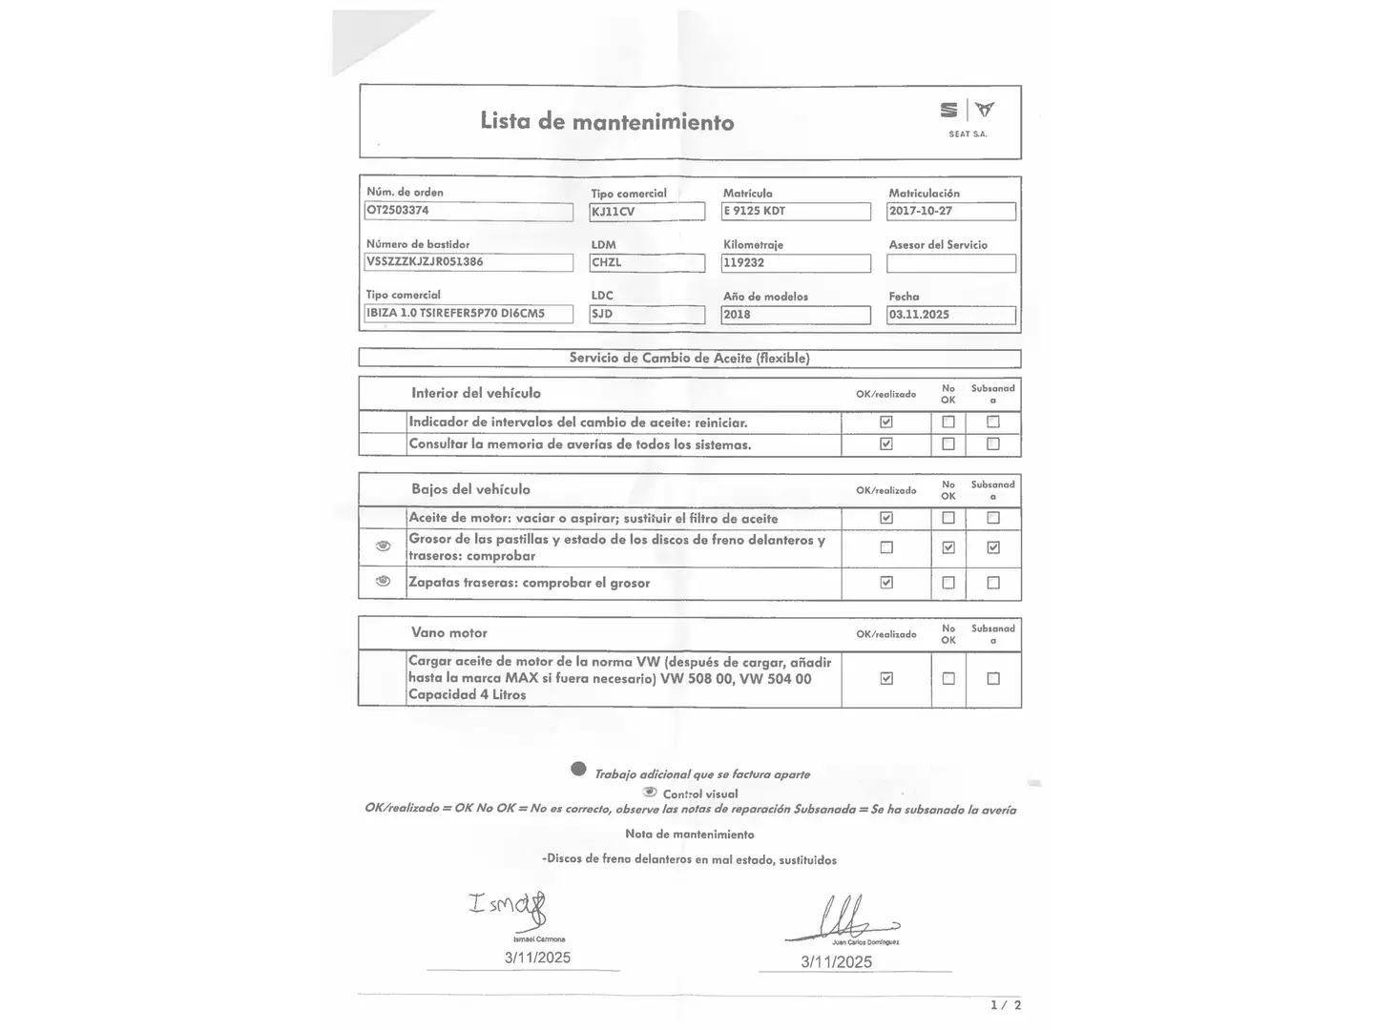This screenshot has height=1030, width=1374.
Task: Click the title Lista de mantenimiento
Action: coord(607,121)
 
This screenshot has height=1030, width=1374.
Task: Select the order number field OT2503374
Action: coord(468,211)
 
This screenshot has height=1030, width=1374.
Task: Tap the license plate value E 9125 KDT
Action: coord(796,211)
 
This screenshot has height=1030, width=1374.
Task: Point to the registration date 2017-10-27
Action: coord(950,211)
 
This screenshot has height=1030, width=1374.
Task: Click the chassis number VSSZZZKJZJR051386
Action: coord(468,262)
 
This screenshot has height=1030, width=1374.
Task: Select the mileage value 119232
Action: coord(796,263)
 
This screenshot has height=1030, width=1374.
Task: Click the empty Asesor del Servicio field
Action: coord(950,263)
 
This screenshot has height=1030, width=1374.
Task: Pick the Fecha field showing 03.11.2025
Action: coord(950,315)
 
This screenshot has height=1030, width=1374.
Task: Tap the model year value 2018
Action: coord(796,315)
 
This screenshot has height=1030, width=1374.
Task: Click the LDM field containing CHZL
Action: coord(646,262)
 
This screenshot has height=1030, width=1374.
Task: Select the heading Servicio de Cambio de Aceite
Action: coord(689,359)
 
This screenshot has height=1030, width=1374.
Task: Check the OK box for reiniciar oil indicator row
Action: coord(886,422)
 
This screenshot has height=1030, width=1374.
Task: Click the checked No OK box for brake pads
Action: coord(947,547)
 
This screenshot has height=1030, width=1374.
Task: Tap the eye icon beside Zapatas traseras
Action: coord(383,581)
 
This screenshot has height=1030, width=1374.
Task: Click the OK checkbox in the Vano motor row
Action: coord(886,678)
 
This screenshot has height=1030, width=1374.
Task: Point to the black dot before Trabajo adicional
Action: coord(578,769)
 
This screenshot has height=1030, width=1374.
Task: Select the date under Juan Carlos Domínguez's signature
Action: coord(836,962)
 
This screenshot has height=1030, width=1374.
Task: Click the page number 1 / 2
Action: coord(1006,1005)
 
